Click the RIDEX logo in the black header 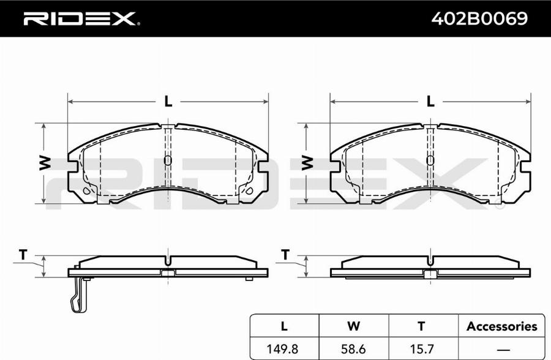point(81,19)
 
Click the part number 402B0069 point(479,18)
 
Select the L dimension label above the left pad point(168,102)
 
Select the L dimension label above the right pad point(430,102)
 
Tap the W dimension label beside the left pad point(45,163)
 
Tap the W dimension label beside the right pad point(307,163)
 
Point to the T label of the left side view point(23,254)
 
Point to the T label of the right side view point(285,254)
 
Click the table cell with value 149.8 point(284,349)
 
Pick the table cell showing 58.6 point(353,349)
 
